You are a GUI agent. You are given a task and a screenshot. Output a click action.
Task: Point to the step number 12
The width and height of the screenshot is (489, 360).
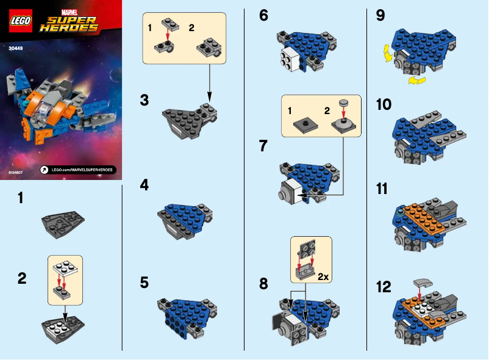(x=384, y=286)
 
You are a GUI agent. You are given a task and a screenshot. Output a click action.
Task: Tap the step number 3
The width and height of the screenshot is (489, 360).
(x=144, y=99)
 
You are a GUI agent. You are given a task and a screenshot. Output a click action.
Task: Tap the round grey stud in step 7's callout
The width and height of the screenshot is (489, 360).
(x=343, y=103)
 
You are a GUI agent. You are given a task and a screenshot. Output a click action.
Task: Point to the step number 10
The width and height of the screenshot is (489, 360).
(x=384, y=104)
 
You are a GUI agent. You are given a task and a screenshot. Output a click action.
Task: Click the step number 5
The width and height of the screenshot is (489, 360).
(x=144, y=283)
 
